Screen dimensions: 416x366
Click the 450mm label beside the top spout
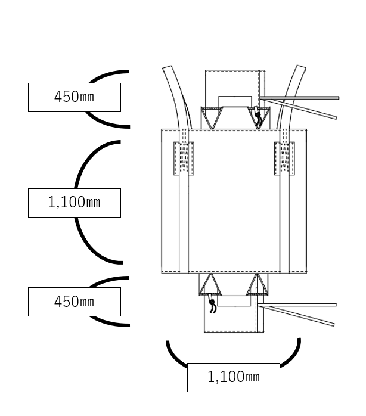pyautogui.click(x=74, y=97)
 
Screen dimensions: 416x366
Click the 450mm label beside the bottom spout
pyautogui.click(x=74, y=302)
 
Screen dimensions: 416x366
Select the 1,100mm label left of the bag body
pyautogui.click(x=74, y=203)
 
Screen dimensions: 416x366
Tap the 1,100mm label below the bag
pyautogui.click(x=233, y=377)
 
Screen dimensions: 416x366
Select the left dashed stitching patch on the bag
pyautogui.click(x=184, y=159)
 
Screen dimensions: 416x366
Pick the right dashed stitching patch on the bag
pyautogui.click(x=284, y=159)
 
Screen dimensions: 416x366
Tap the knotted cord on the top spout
pyautogui.click(x=258, y=117)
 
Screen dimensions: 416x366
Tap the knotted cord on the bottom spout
pyautogui.click(x=212, y=306)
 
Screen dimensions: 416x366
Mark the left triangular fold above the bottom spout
pyautogui.click(x=210, y=284)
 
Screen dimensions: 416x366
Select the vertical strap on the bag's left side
pyautogui.click(x=184, y=226)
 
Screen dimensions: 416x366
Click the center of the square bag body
pyautogui.click(x=234, y=201)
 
